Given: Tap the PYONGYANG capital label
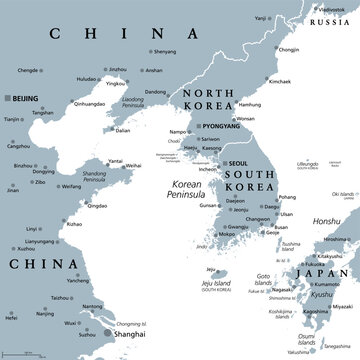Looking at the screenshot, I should (x=222, y=127).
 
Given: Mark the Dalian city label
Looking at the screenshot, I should (x=122, y=130).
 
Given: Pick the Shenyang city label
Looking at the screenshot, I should (x=166, y=50).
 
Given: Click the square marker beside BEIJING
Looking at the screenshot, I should (x=9, y=98).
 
